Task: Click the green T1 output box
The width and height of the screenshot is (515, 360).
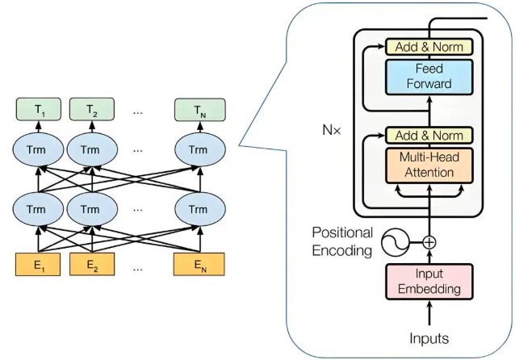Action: click(39, 110)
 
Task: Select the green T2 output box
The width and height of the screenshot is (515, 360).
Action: click(92, 110)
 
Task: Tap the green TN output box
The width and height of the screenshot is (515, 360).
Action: click(199, 110)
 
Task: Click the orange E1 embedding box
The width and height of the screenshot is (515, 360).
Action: click(38, 265)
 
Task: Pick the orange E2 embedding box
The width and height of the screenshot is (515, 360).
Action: click(92, 265)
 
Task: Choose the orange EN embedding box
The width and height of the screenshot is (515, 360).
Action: click(199, 265)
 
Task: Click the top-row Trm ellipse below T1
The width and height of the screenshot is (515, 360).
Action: click(38, 150)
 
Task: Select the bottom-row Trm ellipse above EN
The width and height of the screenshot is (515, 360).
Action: click(199, 209)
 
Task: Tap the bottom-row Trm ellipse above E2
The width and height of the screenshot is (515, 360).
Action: click(92, 209)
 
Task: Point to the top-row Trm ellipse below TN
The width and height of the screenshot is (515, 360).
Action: click(199, 150)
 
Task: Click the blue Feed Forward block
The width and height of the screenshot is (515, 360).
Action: click(429, 77)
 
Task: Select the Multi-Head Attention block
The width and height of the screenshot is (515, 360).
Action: click(429, 165)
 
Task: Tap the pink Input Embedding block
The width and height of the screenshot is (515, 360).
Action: click(429, 282)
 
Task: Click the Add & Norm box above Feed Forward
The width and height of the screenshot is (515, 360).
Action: click(429, 47)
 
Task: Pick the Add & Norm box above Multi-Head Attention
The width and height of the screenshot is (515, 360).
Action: click(429, 135)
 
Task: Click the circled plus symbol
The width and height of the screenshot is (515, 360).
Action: click(429, 243)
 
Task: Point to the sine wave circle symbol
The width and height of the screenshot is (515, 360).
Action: click(395, 243)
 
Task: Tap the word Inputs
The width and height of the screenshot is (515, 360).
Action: click(429, 338)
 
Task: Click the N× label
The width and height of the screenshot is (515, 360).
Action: click(332, 131)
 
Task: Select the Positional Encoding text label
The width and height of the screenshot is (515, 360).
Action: click(342, 241)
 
